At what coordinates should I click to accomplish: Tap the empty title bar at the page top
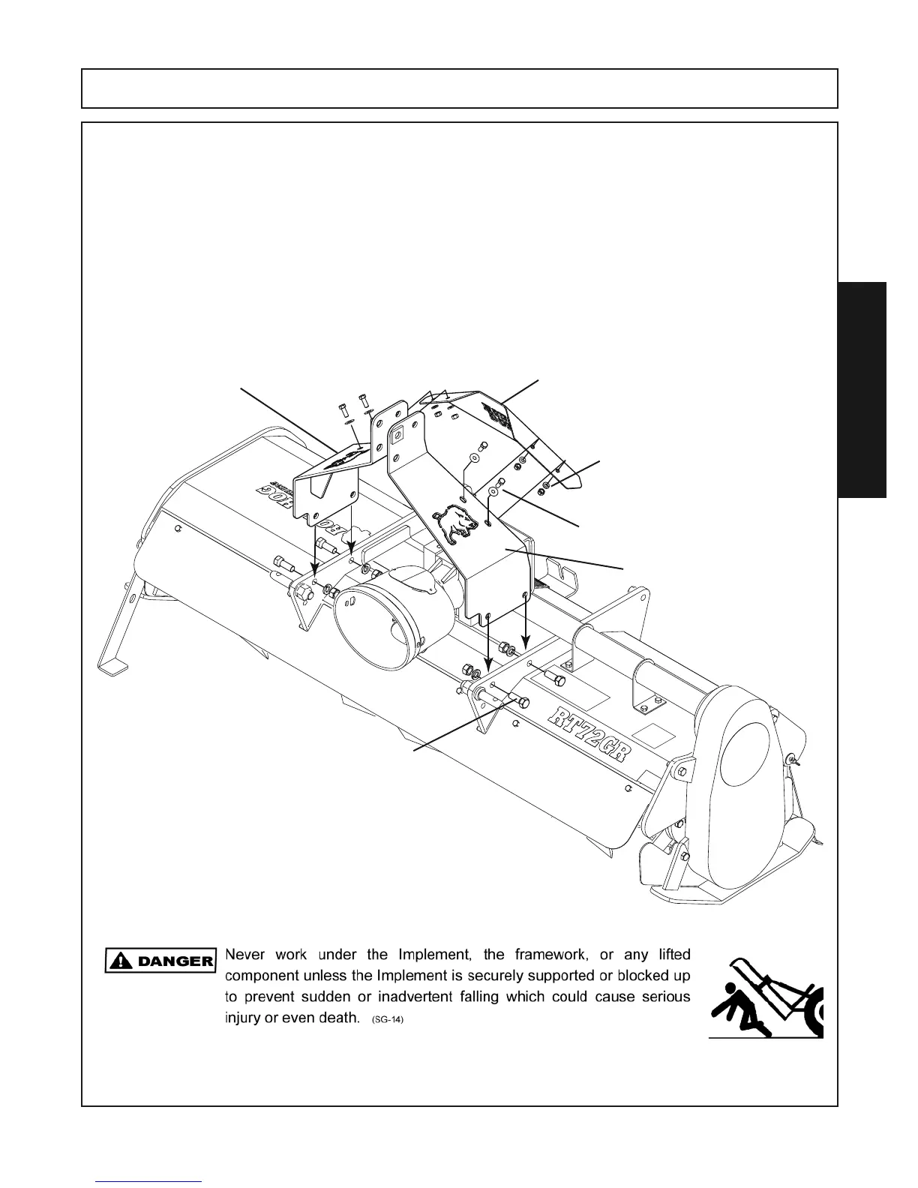[x=459, y=88]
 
